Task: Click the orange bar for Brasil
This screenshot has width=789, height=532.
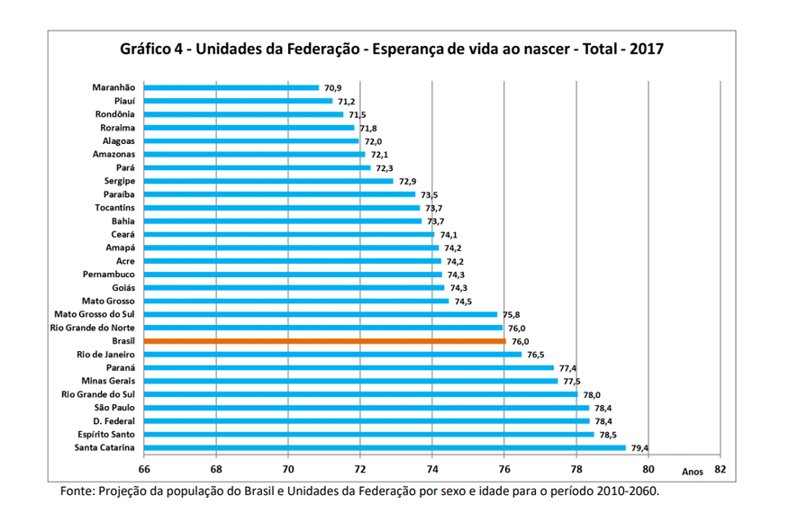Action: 324,341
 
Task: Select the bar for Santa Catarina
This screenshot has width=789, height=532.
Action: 385,448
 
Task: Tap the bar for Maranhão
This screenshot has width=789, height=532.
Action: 231,88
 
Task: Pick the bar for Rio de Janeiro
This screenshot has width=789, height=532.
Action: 332,355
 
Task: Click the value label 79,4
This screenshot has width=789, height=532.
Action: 640,448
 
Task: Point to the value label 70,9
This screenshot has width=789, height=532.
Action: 332,88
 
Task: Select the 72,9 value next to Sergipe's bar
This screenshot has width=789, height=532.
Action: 408,182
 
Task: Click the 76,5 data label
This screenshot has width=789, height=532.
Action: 535,355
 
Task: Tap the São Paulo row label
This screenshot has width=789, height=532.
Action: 114,408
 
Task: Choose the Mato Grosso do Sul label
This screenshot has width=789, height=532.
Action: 95,314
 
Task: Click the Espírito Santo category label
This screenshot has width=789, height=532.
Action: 106,435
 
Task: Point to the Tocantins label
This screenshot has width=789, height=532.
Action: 114,208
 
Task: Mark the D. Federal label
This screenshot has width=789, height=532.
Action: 113,421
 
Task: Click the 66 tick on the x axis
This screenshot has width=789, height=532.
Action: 144,470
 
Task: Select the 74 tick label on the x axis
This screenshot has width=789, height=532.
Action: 432,470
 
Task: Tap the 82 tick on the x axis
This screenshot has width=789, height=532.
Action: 721,469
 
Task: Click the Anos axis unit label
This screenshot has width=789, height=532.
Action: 693,472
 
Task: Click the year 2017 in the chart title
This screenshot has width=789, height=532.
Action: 647,49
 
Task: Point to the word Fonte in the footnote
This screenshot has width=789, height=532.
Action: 77,491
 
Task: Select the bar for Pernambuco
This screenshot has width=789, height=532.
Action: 293,275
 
